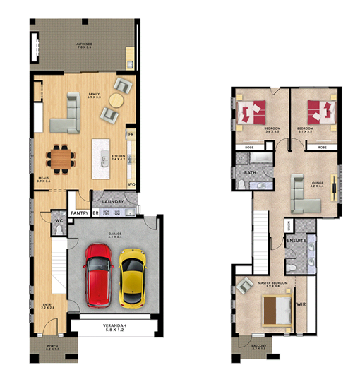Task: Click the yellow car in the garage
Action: (x=131, y=281)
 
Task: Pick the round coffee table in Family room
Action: (x=111, y=115)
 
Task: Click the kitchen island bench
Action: (x=100, y=159)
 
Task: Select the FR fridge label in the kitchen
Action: (x=130, y=133)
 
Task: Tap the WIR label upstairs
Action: (x=301, y=305)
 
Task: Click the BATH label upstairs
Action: (x=249, y=172)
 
